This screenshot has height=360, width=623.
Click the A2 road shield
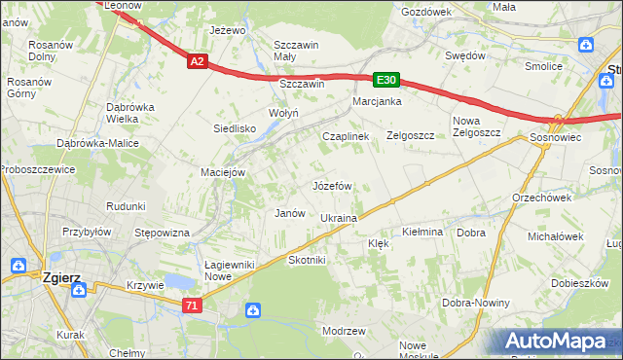click(x=198, y=61)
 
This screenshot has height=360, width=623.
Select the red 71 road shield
click(x=194, y=305)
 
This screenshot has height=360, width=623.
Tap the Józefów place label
click(x=331, y=185)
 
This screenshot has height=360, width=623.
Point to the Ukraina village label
click(x=339, y=218)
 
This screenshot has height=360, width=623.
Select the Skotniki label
click(x=307, y=260)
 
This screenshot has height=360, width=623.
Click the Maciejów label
click(x=222, y=172)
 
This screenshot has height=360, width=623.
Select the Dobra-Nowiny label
click(x=476, y=303)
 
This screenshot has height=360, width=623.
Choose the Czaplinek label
click(x=346, y=136)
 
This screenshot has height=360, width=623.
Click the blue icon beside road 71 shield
click(x=253, y=310)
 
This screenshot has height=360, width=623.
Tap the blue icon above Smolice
click(x=586, y=45)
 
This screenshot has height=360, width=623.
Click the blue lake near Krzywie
click(x=179, y=281)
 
